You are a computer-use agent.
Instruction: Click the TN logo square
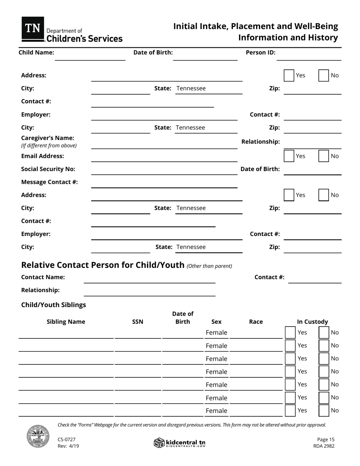pyautogui.click(x=33, y=28)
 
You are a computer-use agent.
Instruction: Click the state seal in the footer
pyautogui.click(x=38, y=436)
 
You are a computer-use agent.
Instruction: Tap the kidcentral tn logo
pyautogui.click(x=180, y=443)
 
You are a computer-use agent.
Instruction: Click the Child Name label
pyautogui.click(x=36, y=52)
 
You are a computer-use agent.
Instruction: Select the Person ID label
pyautogui.click(x=261, y=52)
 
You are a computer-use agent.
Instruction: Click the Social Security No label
pyautogui.click(x=48, y=169)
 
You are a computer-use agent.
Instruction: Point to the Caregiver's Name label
pyautogui.click(x=48, y=138)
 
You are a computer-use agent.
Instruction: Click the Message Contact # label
pyautogui.click(x=49, y=182)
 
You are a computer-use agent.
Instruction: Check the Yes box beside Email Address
pyautogui.click(x=289, y=156)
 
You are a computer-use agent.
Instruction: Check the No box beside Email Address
pyautogui.click(x=323, y=156)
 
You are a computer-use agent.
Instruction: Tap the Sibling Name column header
pyautogui.click(x=66, y=322)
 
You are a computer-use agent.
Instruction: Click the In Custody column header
pyautogui.click(x=312, y=322)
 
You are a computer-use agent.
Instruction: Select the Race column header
pyautogui.click(x=256, y=322)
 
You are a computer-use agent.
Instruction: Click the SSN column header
pyautogui.click(x=138, y=322)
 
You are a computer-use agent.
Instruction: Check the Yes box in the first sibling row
pyautogui.click(x=290, y=333)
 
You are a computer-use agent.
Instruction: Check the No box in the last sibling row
pyautogui.click(x=324, y=410)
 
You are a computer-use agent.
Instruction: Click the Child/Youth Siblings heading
pyautogui.click(x=53, y=305)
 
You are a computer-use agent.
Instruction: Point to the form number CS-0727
pyautogui.click(x=67, y=439)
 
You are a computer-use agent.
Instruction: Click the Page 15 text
pyautogui.click(x=326, y=439)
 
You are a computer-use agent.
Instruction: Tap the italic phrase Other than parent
pyautogui.click(x=209, y=266)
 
